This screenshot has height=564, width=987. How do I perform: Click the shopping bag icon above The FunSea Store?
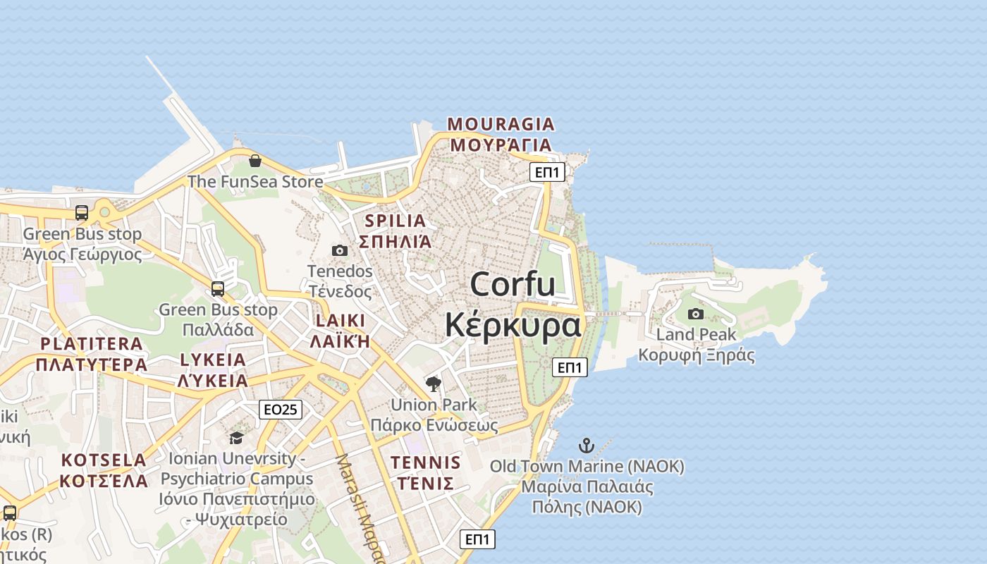pos(255,161)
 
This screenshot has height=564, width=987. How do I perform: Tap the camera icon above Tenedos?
pos(340,250)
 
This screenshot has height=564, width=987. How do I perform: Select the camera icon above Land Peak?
pos(696,314)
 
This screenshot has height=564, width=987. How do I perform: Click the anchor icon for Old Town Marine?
pos(586,446)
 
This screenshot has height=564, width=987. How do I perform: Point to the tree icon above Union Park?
pos(434,384)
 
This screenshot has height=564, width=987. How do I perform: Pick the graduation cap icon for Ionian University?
pos(236,438)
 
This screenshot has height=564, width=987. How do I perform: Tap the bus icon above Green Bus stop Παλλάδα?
pos(218,288)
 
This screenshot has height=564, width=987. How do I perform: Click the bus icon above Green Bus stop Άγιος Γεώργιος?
pos(82,212)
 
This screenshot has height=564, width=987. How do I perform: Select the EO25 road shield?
pos(281,410)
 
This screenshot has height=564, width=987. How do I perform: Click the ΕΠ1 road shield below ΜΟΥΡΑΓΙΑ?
pos(547,172)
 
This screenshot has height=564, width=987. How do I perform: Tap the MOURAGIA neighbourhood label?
pos(501,124)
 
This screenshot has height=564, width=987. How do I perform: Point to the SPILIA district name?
pos(395,221)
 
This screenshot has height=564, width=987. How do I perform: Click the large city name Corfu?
pos(513,285)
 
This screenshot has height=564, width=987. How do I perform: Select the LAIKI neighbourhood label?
pos(341,321)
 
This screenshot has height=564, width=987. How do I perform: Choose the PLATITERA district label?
pos(92,344)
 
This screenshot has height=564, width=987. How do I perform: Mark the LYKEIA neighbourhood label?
pos(213,360)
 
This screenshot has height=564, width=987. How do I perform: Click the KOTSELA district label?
pos(104,460)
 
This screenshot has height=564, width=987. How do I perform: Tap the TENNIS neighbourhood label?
pos(426,463)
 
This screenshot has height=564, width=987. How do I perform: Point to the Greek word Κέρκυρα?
pos(514,326)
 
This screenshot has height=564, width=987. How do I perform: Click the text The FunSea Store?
pos(255,182)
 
